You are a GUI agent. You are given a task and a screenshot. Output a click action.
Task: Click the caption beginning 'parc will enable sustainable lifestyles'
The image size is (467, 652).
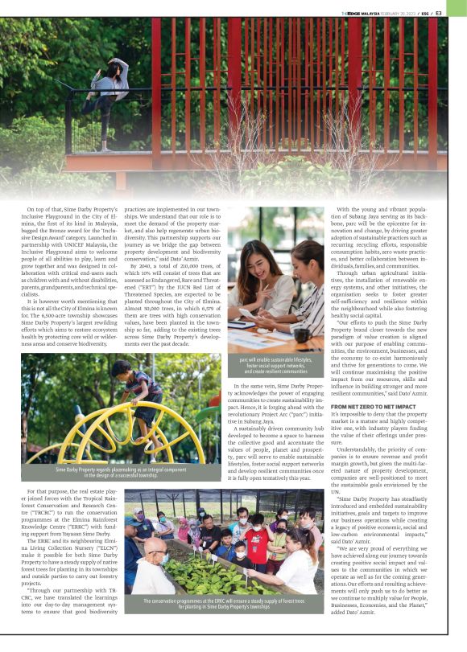[x=274, y=366]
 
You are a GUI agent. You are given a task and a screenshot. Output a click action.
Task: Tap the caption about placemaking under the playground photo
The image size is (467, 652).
[x=121, y=471]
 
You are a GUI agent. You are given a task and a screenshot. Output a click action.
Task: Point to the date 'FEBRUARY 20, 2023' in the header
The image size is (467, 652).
[x=406, y=12]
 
